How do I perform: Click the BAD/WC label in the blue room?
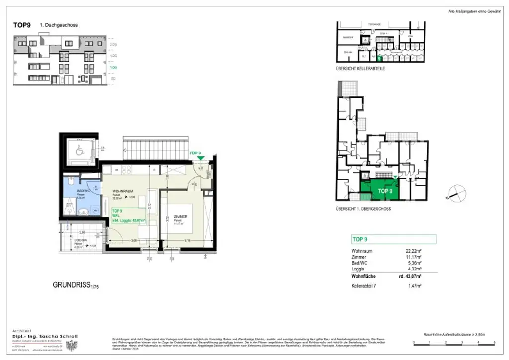pos(82,191)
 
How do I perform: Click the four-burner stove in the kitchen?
pos(126,170)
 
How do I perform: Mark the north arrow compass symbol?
pos(456,193)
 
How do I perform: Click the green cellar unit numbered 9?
pos(380,58)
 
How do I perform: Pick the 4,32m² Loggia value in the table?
pos(414,269)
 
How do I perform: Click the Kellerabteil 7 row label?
pos(366,286)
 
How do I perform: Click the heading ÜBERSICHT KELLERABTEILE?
pos(360,69)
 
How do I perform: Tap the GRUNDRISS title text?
pos(72,285)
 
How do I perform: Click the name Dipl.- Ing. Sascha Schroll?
pos(44,336)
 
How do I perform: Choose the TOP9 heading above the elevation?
pos(22,25)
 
